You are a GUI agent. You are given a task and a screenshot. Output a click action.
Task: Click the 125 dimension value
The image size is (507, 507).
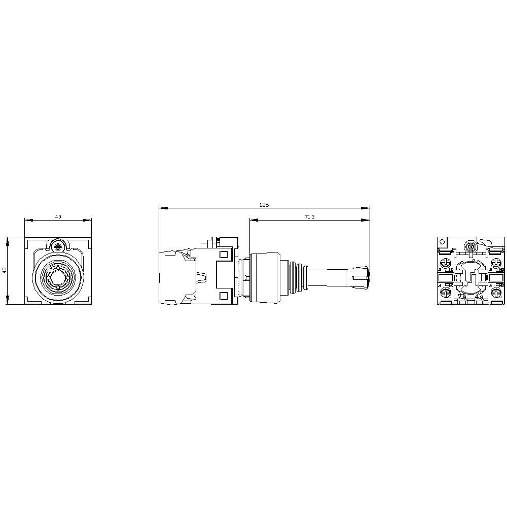tap(264, 205)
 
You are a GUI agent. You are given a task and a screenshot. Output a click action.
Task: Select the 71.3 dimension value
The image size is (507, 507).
tap(309, 216)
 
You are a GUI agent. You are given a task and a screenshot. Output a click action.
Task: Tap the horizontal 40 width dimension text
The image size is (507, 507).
tap(58, 216)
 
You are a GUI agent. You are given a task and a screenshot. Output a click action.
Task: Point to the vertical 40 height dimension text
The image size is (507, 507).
tap(4, 271)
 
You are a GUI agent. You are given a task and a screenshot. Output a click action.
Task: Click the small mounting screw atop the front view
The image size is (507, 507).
tap(58, 247)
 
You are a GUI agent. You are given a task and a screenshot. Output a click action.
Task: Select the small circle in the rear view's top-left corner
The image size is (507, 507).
tap(442, 241)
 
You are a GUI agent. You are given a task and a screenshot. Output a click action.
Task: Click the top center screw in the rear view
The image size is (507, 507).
tap(469, 247)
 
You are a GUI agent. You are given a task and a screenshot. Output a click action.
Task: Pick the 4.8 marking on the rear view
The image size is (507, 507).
tap(478, 298)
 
